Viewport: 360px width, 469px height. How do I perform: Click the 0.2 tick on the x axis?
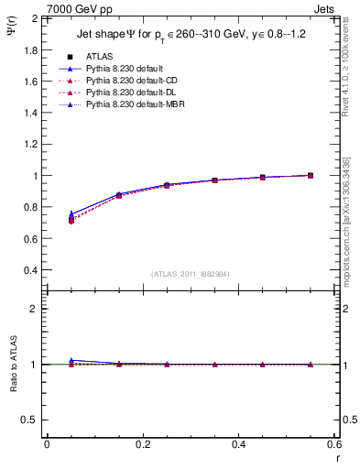click(x=142, y=444)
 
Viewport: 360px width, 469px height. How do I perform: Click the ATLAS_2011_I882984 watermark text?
click(x=190, y=273)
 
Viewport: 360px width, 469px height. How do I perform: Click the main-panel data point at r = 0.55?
click(x=311, y=175)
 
